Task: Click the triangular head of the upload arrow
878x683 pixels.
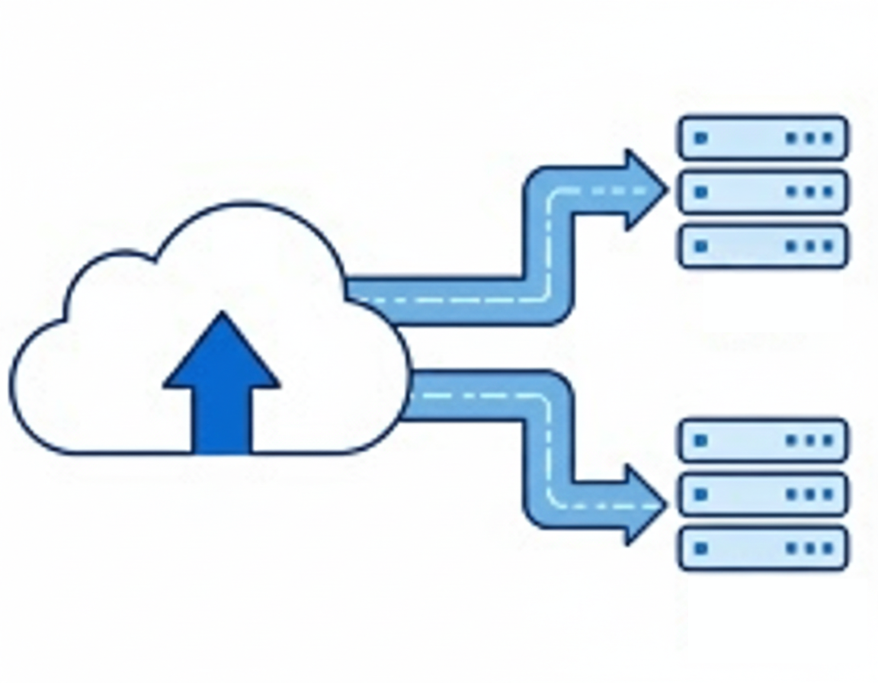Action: click(222, 354)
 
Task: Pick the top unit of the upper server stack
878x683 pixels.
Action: click(763, 138)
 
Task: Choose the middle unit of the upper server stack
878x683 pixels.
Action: click(763, 192)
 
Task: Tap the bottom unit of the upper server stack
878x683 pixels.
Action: click(763, 246)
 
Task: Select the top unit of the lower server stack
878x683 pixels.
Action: click(763, 440)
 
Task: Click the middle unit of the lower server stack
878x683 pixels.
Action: click(763, 494)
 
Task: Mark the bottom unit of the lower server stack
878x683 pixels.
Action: click(763, 548)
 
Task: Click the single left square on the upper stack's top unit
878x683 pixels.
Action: click(701, 138)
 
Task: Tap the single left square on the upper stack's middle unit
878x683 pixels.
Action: click(701, 192)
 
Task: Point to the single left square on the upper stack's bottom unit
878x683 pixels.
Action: click(701, 246)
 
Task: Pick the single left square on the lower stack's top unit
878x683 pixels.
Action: click(701, 440)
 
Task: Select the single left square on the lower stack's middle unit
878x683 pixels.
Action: click(701, 494)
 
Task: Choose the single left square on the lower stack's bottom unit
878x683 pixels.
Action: click(701, 548)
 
